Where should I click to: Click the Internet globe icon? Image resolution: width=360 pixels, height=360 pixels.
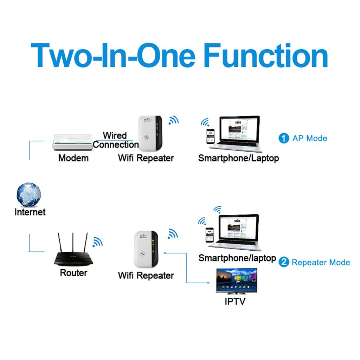(29, 194)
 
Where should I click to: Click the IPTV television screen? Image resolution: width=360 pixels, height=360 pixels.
(236, 281)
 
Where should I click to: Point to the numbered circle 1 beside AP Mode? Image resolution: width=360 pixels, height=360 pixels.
(283, 138)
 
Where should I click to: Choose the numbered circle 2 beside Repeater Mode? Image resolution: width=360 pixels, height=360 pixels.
(283, 262)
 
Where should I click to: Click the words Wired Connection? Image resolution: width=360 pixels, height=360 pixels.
(115, 140)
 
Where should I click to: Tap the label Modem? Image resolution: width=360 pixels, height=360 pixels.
(73, 158)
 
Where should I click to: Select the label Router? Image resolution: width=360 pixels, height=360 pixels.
(73, 273)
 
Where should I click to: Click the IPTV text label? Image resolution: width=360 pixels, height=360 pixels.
(235, 301)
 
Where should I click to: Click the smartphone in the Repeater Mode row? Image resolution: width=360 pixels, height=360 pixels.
(210, 235)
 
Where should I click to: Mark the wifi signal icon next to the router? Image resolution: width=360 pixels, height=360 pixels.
(97, 242)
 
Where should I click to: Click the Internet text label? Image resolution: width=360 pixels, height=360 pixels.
(30, 212)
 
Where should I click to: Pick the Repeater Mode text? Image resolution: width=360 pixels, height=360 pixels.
(321, 262)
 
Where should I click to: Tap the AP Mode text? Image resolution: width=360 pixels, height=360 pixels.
(309, 138)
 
